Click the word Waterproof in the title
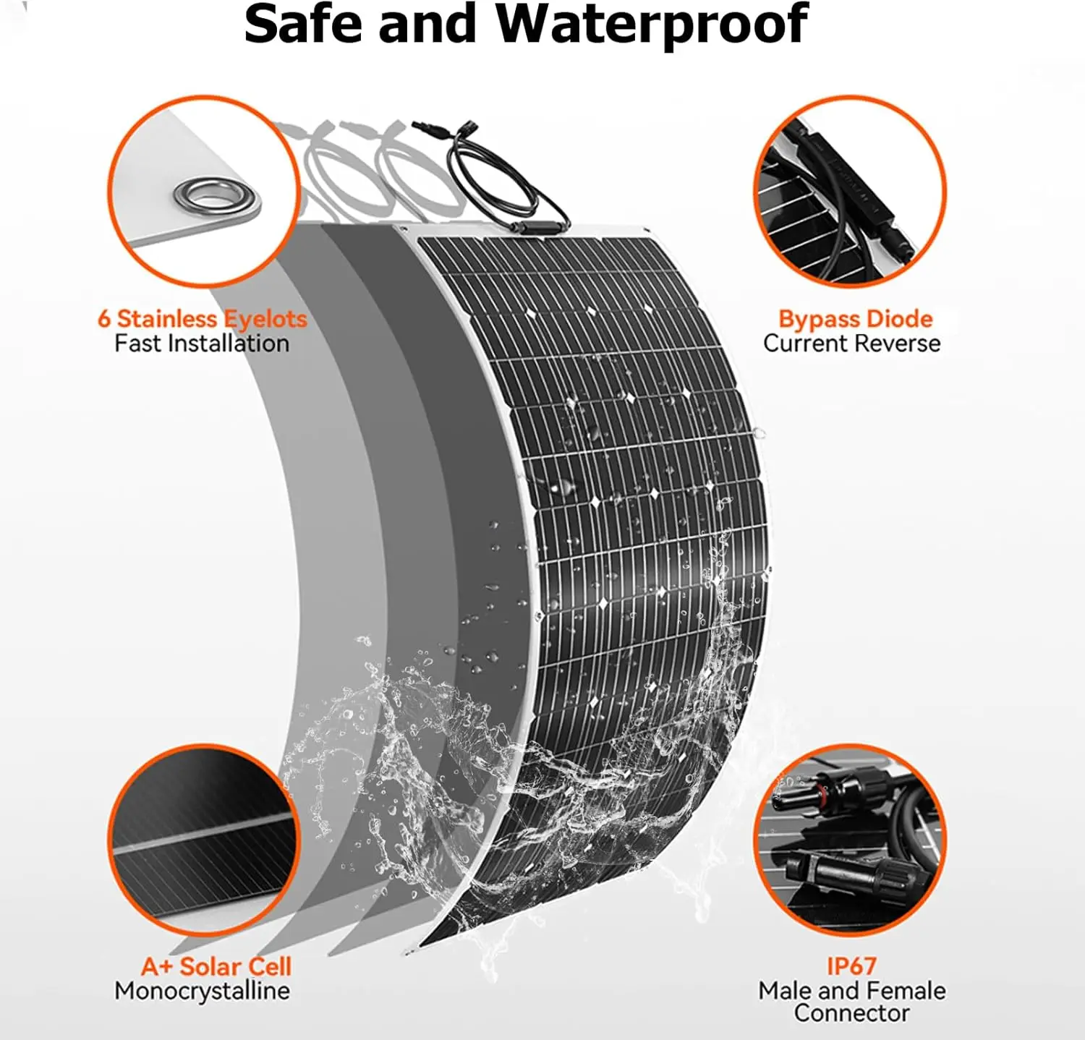[x=651, y=26]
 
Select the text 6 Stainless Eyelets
[x=203, y=319]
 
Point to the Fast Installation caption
[x=202, y=344]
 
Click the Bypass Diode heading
[x=855, y=320]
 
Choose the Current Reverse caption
[x=851, y=344]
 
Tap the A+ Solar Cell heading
[x=216, y=966]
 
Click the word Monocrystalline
[x=202, y=991]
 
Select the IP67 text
[x=851, y=966]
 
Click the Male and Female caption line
[x=851, y=990]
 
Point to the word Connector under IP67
[x=851, y=1013]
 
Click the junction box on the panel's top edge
[x=539, y=228]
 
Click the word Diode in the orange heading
[x=899, y=320]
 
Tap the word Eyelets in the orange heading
[x=265, y=320]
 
